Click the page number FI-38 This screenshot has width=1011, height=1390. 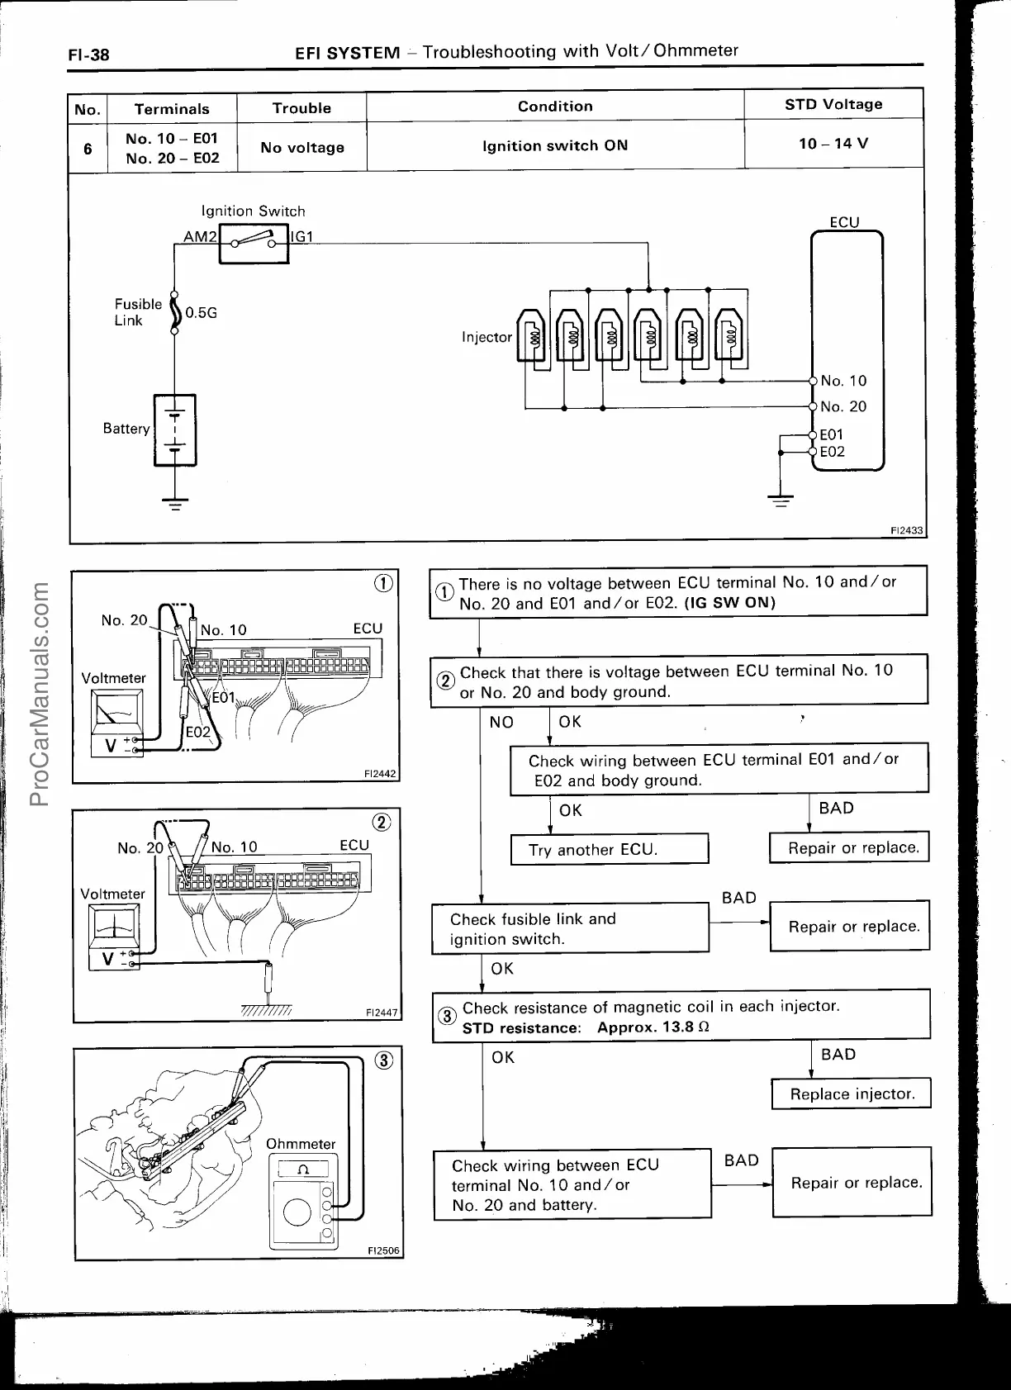coord(88,55)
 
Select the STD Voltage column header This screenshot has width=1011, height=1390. coord(833,104)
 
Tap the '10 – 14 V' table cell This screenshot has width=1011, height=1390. coord(833,144)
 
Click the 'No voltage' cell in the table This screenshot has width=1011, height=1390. coord(301,148)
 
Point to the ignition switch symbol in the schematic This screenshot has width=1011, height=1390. coord(254,243)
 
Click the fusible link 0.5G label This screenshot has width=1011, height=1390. coord(201,313)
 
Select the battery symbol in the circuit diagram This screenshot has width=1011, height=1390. coord(174,429)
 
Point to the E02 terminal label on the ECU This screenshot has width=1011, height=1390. coord(833,452)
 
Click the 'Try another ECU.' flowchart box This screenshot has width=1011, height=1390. coord(609,850)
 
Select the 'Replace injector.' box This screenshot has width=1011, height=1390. coord(852,1094)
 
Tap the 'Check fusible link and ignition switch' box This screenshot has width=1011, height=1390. coord(570,929)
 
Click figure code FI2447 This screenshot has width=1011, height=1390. coord(381,1013)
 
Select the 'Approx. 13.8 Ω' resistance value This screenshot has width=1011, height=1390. coord(653,1028)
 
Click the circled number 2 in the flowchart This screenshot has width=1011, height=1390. coord(444,681)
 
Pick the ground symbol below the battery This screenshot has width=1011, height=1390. coord(174,502)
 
